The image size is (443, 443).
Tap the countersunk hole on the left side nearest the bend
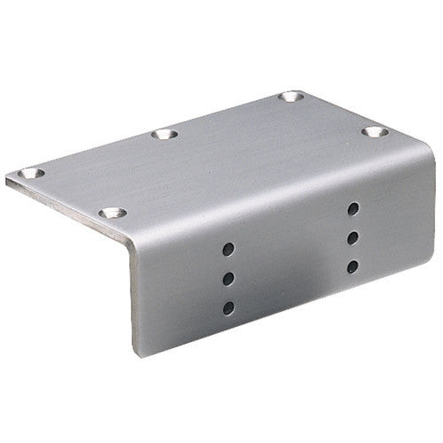(x=111, y=214)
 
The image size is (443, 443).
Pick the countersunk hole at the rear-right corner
(x=291, y=97)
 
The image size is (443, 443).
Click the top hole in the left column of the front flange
(x=227, y=250)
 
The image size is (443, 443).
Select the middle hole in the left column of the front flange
(x=227, y=278)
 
